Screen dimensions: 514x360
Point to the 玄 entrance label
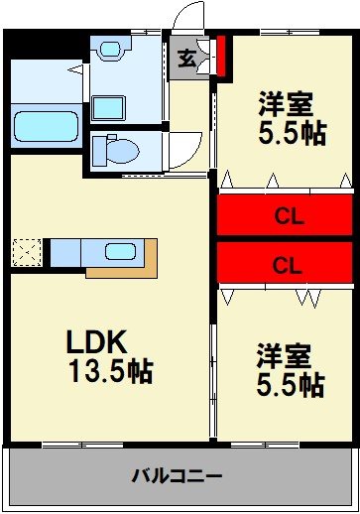coord(186,59)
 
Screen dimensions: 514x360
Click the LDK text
coord(96,343)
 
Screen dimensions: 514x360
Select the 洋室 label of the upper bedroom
coord(287,102)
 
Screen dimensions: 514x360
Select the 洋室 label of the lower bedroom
coord(285,354)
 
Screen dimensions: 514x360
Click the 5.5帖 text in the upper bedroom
coord(291,133)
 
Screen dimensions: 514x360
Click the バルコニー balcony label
coord(178,474)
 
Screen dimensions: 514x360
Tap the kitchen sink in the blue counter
coord(121,252)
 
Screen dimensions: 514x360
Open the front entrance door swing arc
coord(184,18)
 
